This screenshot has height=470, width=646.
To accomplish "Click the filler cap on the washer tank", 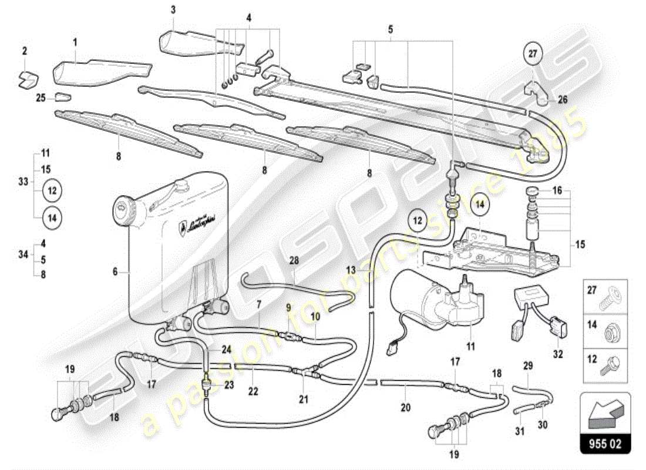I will click(x=123, y=207).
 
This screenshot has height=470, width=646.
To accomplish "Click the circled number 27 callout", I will click(x=533, y=54).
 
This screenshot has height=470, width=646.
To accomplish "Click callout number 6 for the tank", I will click(x=116, y=272).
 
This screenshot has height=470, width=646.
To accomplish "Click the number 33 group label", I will click(x=23, y=182).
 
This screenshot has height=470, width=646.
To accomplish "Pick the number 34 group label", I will click(x=23, y=255).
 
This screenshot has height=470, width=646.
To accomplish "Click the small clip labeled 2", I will click(x=26, y=78).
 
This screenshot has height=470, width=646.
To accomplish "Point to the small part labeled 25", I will click(x=63, y=96).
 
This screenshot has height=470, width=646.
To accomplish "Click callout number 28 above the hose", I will click(x=294, y=260).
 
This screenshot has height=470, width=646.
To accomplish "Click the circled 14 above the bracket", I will click(x=478, y=205).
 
